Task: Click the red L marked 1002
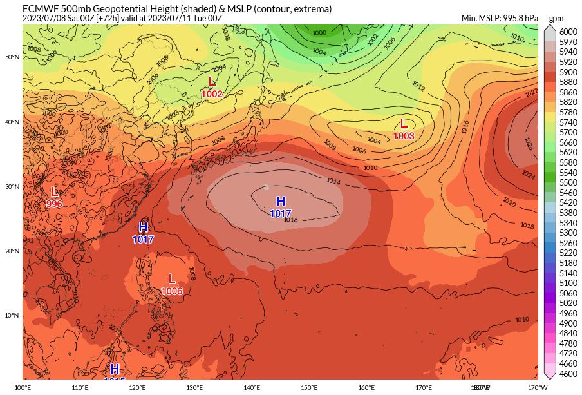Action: coord(212,82)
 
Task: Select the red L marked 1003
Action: coord(404,124)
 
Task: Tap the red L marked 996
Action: coord(54,192)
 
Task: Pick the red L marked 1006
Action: coord(172,279)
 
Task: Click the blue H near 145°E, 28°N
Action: coord(281,202)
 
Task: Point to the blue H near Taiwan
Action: coord(143,227)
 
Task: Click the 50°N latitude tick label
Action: coord(12,57)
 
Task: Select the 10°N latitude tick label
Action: coord(12,315)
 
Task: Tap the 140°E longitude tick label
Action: coord(252,387)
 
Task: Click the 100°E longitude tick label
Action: coord(23,387)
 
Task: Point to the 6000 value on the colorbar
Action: coord(568,32)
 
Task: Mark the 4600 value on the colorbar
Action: coord(568,374)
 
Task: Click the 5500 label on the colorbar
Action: coord(568,182)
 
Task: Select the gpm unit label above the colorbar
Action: coord(556,19)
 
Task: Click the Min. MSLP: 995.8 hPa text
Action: coord(500,18)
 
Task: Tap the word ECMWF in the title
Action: coord(37,9)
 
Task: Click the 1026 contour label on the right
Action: coord(528,143)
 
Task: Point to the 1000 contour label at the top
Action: coord(319,33)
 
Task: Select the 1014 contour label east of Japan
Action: coord(333,182)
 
